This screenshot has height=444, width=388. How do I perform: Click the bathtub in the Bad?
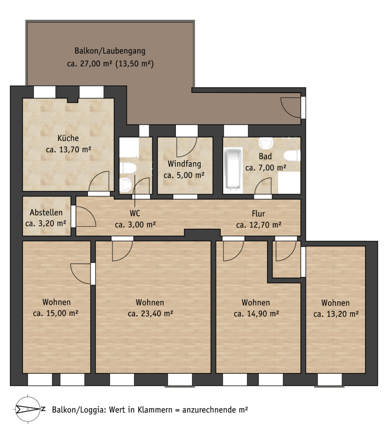(233, 168)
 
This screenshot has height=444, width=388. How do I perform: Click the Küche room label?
(68, 138)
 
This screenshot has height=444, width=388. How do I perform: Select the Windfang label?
(184, 164)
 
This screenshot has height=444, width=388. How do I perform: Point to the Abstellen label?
(46, 213)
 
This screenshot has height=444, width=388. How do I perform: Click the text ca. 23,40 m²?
(150, 313)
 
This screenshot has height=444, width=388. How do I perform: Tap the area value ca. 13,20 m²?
(336, 314)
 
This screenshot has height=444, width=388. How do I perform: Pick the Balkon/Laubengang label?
(110, 51)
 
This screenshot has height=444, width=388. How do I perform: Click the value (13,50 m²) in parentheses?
(134, 63)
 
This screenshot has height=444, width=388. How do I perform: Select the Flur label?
(259, 213)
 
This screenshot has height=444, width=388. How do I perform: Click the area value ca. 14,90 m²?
(256, 314)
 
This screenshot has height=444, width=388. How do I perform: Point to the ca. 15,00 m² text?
(55, 313)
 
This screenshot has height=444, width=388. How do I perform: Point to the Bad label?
(265, 156)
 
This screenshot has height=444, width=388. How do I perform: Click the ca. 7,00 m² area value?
(266, 168)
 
